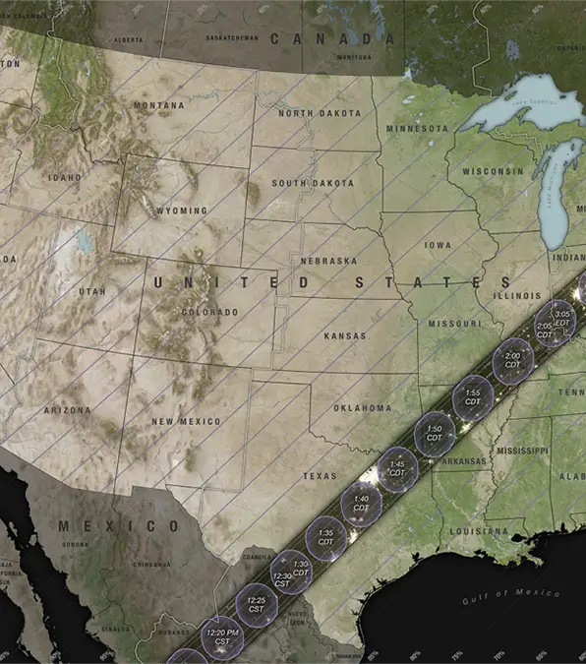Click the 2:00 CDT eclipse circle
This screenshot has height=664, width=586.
(x=512, y=360)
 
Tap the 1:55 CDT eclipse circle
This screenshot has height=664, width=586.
(x=473, y=397)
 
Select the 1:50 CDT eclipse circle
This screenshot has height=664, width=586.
(x=434, y=434)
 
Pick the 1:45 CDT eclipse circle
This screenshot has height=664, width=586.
(x=397, y=468)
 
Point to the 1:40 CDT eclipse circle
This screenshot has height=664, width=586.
(x=361, y=504)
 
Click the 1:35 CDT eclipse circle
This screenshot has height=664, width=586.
(x=325, y=537)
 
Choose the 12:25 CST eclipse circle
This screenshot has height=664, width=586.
(x=257, y=603)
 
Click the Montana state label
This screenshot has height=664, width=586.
(x=158, y=105)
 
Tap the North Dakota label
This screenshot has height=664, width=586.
(x=320, y=113)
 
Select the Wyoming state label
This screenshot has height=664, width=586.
(x=182, y=211)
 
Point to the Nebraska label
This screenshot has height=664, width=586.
(x=328, y=261)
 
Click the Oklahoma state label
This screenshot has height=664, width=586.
(x=361, y=407)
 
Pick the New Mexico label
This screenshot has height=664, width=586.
(x=186, y=421)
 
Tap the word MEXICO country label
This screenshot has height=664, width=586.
(x=119, y=526)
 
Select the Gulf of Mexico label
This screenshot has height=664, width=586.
(x=510, y=593)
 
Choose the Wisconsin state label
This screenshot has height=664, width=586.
(x=493, y=171)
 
